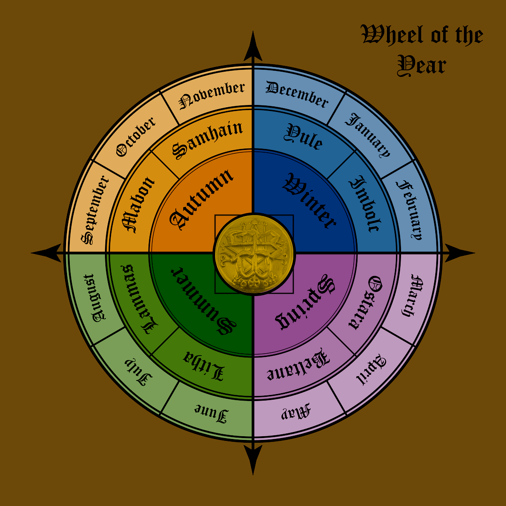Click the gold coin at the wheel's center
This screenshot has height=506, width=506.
point(254,253)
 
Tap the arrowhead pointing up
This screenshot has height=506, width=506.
point(253,46)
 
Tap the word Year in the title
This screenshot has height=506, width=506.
point(422,66)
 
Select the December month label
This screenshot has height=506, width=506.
point(297,94)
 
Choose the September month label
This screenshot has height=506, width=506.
point(95,210)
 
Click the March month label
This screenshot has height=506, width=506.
point(413,295)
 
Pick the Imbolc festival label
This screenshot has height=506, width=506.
point(365,204)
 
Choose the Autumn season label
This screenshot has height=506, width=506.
point(201,199)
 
